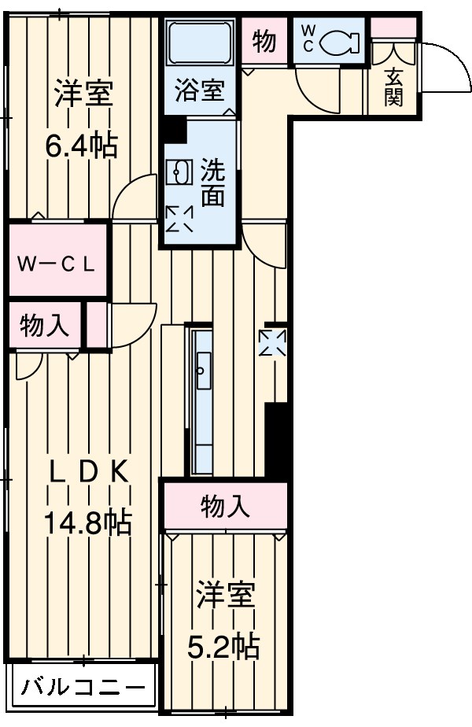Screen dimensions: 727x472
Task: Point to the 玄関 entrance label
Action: tap(395, 87)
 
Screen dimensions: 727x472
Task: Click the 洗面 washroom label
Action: tap(212, 183)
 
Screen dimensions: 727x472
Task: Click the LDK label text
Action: tap(87, 471)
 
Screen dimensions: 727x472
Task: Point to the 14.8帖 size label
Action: tap(87, 522)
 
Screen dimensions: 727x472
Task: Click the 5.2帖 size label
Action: tap(224, 646)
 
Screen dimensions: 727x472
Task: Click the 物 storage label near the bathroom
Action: tap(264, 41)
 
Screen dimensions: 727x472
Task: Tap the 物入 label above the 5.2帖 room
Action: tap(226, 507)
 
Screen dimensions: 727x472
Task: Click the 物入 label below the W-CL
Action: tap(45, 326)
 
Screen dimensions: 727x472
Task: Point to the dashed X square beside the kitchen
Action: tap(274, 343)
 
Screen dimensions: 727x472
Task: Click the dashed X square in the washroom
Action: tap(179, 218)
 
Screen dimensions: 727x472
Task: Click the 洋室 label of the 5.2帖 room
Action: tap(226, 596)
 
